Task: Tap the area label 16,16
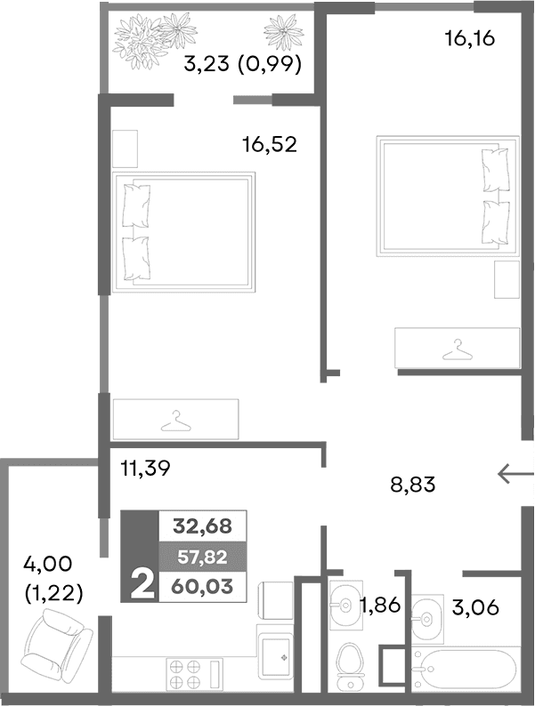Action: pyautogui.click(x=468, y=39)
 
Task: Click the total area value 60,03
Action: pyautogui.click(x=202, y=585)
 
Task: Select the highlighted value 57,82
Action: pyautogui.click(x=202, y=557)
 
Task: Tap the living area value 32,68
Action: pyautogui.click(x=202, y=526)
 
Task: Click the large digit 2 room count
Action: pyautogui.click(x=140, y=585)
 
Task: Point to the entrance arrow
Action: pyautogui.click(x=515, y=476)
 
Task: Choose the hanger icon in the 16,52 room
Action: pyautogui.click(x=175, y=417)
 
